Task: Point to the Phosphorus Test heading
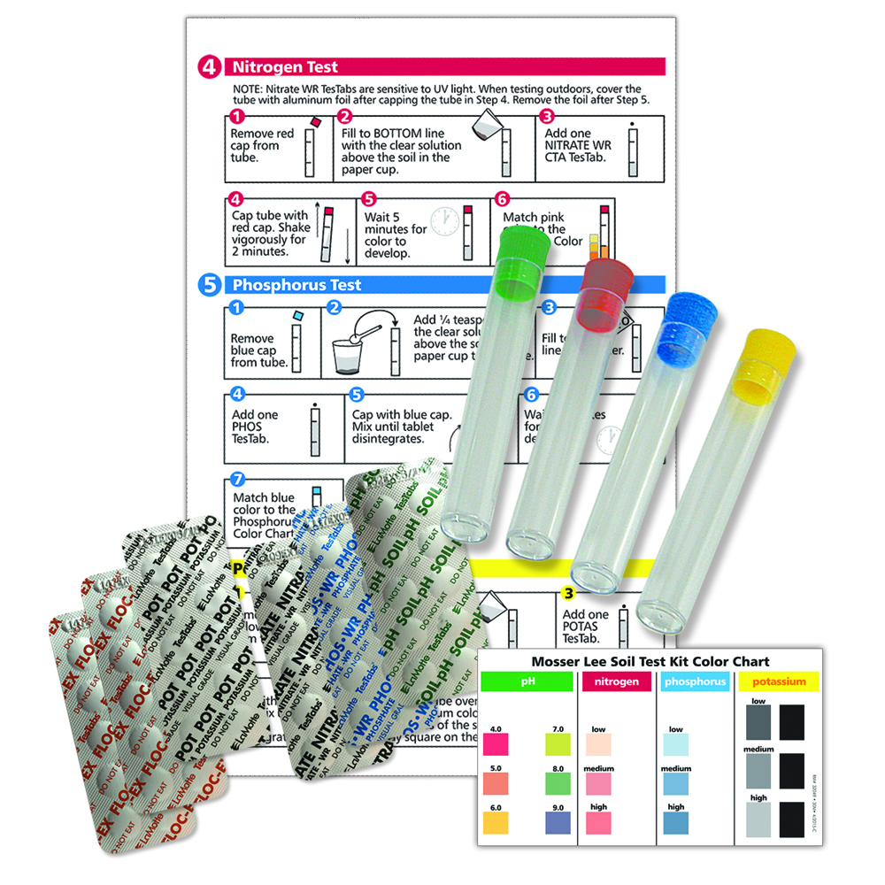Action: [296, 285]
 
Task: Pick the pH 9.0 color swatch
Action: [557, 823]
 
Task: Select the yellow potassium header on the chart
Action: [778, 681]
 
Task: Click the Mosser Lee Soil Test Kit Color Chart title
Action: [650, 661]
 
